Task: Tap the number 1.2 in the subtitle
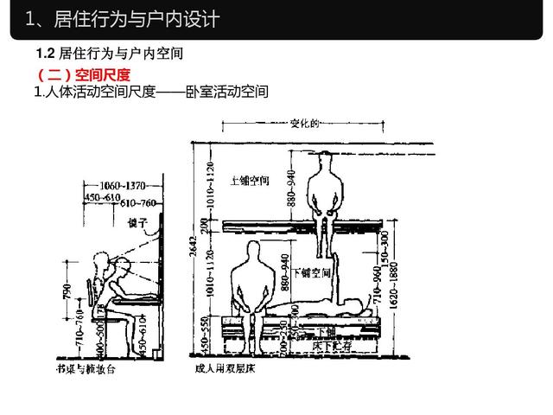click(46, 54)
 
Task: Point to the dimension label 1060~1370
click(121, 184)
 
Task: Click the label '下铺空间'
click(312, 271)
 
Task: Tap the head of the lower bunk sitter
click(252, 252)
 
